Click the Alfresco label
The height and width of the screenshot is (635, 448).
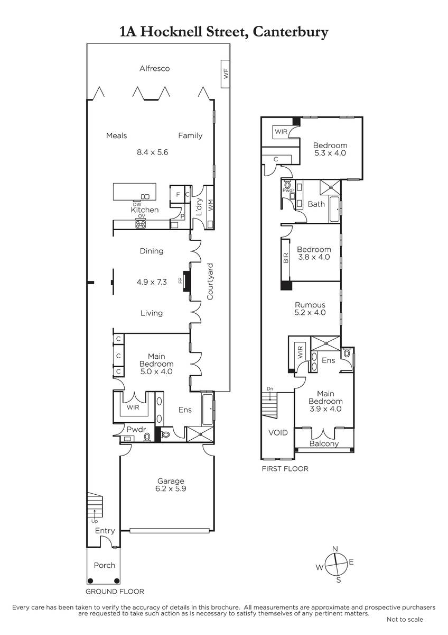tap(154, 68)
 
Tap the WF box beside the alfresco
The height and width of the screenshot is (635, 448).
tap(225, 74)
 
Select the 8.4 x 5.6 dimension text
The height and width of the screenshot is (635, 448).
tap(153, 152)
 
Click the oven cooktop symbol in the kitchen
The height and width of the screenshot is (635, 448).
tap(141, 224)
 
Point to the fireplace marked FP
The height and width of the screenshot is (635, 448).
tap(187, 281)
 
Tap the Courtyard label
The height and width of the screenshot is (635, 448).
tap(210, 282)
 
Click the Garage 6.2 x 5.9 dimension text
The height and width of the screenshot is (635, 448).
tap(171, 488)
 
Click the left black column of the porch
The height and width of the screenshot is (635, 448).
tap(90, 581)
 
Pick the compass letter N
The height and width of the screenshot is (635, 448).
tap(335, 549)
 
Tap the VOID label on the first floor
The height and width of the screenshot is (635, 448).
tap(278, 433)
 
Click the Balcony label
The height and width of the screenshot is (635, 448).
tap(324, 443)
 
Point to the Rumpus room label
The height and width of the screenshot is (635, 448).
tap(310, 305)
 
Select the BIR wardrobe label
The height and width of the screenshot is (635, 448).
tap(286, 258)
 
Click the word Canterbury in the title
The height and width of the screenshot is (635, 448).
tap(291, 32)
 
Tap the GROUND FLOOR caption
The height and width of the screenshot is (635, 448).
tap(115, 592)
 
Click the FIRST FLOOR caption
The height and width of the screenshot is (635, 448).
tap(285, 469)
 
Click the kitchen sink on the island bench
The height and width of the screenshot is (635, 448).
tap(145, 196)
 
